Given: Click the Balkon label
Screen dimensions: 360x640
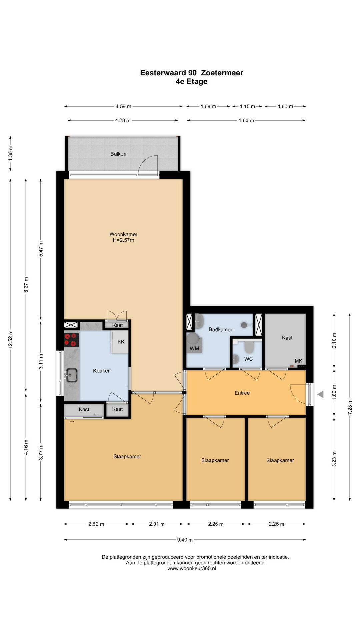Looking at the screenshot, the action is click(x=118, y=154).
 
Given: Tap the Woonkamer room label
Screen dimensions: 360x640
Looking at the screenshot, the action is click(x=123, y=234).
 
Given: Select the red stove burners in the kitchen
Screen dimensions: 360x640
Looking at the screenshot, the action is click(x=72, y=340).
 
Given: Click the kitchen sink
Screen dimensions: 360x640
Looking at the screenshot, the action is click(x=71, y=375).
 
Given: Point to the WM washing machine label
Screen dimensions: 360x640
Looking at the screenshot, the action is click(x=194, y=349).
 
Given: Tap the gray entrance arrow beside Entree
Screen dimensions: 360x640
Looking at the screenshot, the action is click(x=320, y=394).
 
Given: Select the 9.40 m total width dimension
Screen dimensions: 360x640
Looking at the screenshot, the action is click(x=185, y=540).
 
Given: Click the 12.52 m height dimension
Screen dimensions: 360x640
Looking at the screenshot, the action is click(x=11, y=339).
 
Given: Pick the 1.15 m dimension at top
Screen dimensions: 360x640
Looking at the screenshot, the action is click(x=247, y=106).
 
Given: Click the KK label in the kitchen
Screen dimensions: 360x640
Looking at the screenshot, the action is click(x=121, y=342).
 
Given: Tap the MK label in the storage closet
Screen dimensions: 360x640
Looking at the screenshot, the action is click(x=298, y=361).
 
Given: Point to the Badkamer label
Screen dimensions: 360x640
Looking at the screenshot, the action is click(x=220, y=329).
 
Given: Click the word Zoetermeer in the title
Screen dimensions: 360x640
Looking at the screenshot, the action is click(x=222, y=73).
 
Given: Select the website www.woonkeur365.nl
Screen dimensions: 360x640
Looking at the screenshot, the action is click(x=192, y=569).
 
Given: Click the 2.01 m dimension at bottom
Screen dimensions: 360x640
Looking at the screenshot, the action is click(x=157, y=524).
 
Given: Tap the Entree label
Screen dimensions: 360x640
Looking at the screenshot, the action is click(x=242, y=393).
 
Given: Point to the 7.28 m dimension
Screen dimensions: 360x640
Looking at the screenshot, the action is click(x=350, y=407).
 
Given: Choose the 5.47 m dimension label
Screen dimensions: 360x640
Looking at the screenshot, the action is click(x=41, y=249).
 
